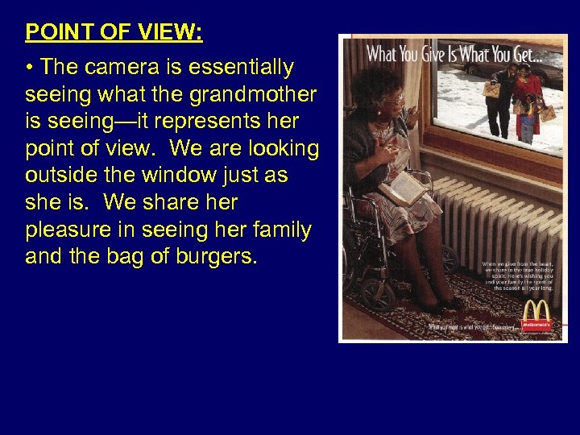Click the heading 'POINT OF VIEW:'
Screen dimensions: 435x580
click(114, 32)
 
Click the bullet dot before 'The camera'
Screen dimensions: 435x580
click(30, 67)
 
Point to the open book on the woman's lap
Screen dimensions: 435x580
click(404, 188)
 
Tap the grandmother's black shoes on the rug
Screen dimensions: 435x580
click(439, 304)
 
